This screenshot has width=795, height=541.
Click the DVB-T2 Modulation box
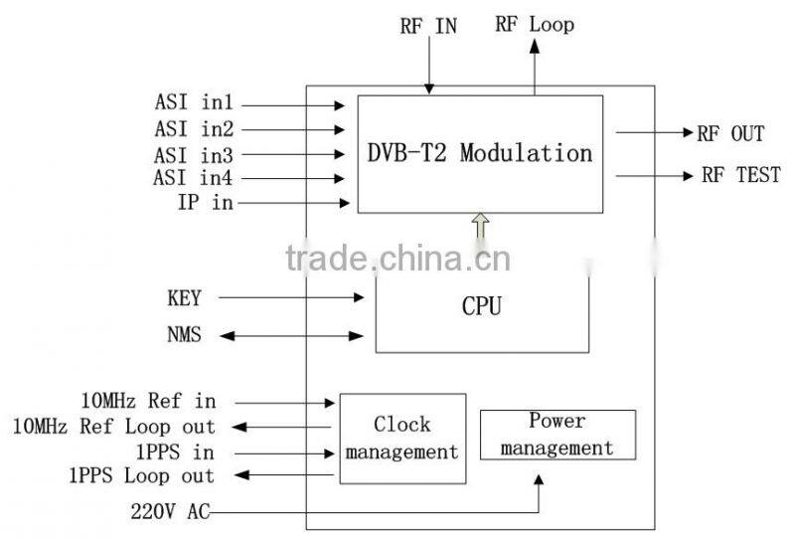(x=480, y=154)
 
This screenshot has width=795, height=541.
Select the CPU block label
(x=482, y=306)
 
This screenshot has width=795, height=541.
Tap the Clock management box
(x=402, y=439)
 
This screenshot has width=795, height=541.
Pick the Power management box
(x=557, y=435)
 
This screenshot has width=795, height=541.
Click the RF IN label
(x=429, y=26)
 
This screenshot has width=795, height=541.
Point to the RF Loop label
(x=535, y=25)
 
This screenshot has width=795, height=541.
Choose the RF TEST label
(x=741, y=176)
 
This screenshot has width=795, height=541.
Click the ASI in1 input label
(x=194, y=103)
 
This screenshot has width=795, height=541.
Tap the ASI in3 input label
(x=194, y=154)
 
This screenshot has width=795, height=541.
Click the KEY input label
(x=184, y=297)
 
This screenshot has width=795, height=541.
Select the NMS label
(x=184, y=335)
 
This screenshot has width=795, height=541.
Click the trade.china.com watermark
(x=397, y=260)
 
